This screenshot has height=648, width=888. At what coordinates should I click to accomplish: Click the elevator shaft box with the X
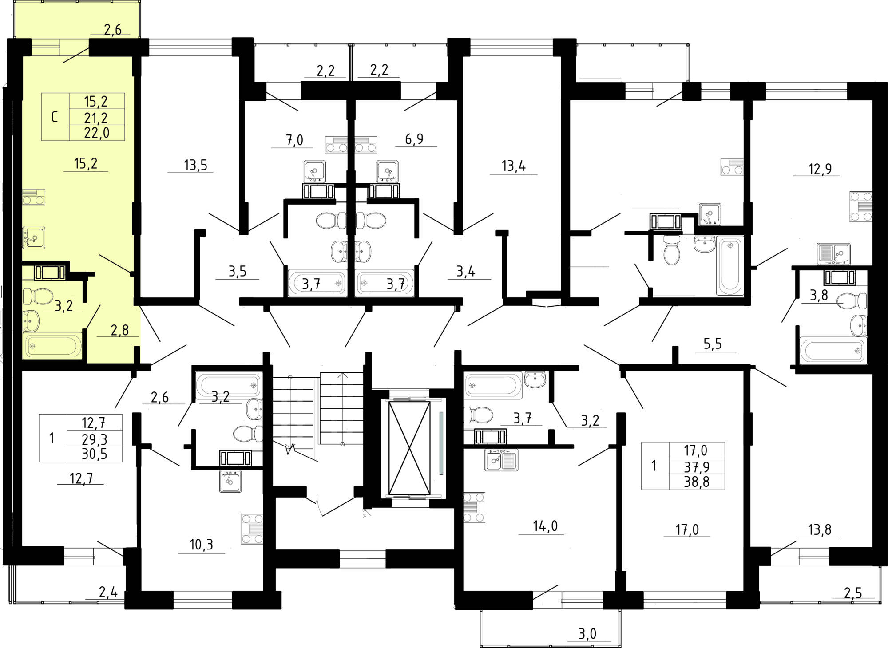click(409, 447)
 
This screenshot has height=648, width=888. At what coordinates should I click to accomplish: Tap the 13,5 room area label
click(195, 165)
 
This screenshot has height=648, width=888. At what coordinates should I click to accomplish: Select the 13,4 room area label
click(513, 166)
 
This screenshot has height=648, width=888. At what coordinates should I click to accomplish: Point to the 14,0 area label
click(545, 526)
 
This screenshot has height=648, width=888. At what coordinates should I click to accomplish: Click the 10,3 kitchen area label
click(201, 545)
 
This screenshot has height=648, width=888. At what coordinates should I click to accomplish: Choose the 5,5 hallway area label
click(713, 344)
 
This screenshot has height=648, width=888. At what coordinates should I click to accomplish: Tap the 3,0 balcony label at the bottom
click(587, 634)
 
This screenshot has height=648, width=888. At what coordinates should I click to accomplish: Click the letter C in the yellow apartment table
click(55, 117)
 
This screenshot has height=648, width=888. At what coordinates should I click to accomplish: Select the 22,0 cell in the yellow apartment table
click(97, 133)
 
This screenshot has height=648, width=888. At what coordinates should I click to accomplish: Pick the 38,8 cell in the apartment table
click(696, 482)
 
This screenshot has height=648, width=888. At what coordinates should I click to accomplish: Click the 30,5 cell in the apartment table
click(95, 454)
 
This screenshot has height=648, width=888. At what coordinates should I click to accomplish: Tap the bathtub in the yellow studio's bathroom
click(52, 345)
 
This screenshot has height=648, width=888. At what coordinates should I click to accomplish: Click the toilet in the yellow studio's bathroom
click(38, 296)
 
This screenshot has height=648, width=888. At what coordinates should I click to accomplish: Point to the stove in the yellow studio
click(34, 197)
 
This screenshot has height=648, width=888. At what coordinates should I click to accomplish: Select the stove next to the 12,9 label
click(861, 206)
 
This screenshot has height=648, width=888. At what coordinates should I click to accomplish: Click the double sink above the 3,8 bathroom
click(833, 254)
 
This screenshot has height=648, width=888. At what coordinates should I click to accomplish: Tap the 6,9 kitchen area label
click(414, 139)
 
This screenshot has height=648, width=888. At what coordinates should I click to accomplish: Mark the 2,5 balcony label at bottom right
click(852, 593)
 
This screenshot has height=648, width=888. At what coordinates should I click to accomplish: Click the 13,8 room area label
click(819, 530)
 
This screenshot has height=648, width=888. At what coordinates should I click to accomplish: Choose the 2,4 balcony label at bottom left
click(108, 592)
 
